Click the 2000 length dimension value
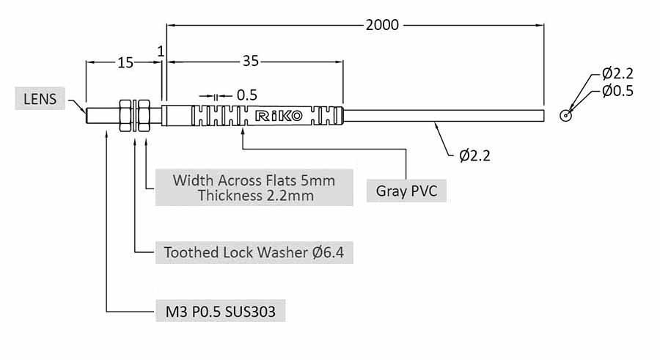point(382,25)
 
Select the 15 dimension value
point(125,63)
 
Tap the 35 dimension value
point(251,62)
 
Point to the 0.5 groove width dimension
point(246,95)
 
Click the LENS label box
point(40,98)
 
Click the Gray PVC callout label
point(407,191)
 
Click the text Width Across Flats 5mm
point(254,180)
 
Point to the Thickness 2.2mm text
point(254,195)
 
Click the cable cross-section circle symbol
point(565,115)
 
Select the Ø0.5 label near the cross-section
point(617,91)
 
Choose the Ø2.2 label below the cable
point(474,155)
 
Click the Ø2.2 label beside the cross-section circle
point(617,73)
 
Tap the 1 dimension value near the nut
point(161,51)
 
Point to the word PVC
point(424,191)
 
